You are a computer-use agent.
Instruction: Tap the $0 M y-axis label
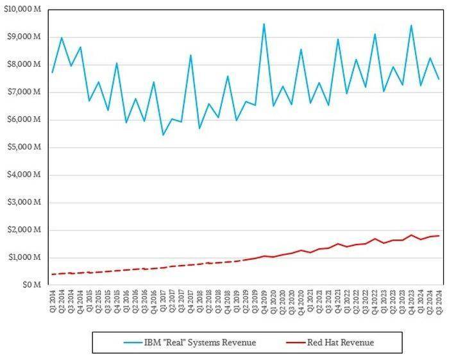31,285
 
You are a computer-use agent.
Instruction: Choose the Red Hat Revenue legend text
341,343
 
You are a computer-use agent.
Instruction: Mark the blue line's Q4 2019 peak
264,24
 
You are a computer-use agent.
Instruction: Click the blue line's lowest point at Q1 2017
163,135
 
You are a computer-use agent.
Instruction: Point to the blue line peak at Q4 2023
411,26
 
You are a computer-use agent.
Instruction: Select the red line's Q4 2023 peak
411,235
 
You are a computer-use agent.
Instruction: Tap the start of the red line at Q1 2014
53,274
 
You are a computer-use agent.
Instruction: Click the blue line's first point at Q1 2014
53,72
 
